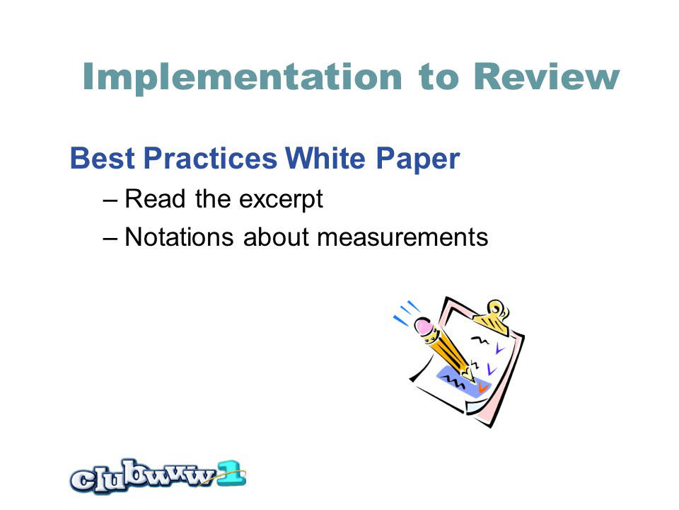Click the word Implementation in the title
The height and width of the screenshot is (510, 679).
[x=242, y=77]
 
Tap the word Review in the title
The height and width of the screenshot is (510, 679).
[x=547, y=76]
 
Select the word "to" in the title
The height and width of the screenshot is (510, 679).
[x=439, y=78]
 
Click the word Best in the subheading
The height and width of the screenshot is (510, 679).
[x=103, y=158]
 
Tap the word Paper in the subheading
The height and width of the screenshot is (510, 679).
[x=417, y=160]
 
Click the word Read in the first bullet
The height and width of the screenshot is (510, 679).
[x=155, y=199]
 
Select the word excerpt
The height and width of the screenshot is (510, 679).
[x=281, y=200]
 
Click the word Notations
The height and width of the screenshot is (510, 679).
[x=179, y=237]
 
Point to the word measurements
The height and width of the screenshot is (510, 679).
[x=402, y=238]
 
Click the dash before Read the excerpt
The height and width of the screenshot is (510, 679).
[x=110, y=201]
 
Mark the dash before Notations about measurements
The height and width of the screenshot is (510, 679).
[x=110, y=239]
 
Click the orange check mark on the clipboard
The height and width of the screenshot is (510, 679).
[x=482, y=387]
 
